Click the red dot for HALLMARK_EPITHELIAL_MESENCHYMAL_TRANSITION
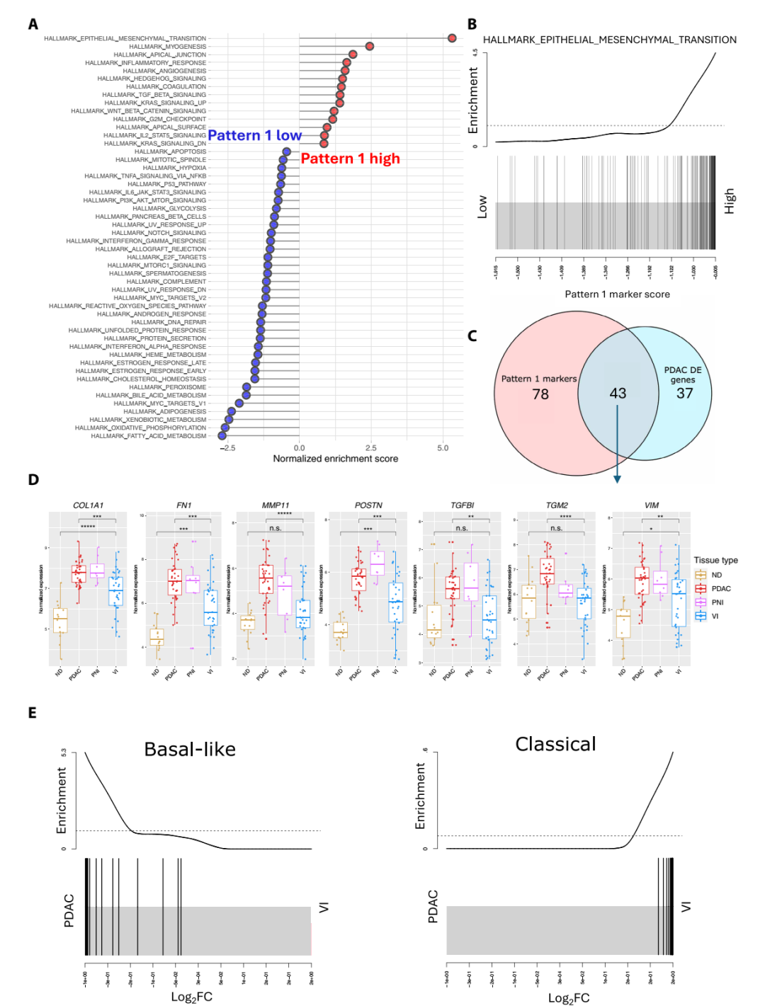pos(452,38)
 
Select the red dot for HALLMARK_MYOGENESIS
pos(369,46)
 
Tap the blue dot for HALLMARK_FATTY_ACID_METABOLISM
pos(222,436)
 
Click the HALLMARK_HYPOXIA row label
pos(174,168)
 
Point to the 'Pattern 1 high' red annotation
pos(350,159)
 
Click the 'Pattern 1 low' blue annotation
pos(254,135)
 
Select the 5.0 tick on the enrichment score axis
pos(443,448)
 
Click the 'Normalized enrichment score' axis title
pos(335,459)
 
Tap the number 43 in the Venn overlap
pos(618,393)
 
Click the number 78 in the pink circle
pos(540,394)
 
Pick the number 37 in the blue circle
pos(684,394)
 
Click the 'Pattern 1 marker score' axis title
pos(617,294)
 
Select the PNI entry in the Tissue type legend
pos(717,602)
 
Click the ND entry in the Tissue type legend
pos(716,575)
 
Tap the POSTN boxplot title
pos(368,505)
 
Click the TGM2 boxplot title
pos(557,505)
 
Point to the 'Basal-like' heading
pos(190,750)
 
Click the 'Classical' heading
pos(555,745)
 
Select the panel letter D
pos(33,480)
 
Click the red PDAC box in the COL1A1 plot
pos(78,573)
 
